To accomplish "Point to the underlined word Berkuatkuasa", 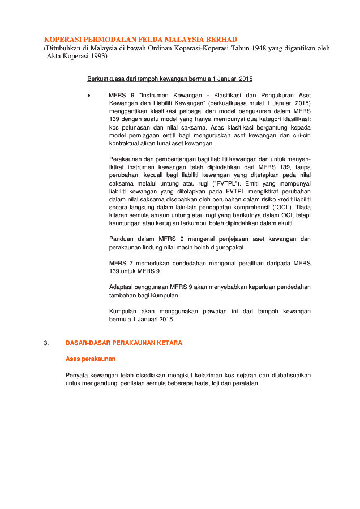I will point(106,79).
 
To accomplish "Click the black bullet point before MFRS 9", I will point(89,96).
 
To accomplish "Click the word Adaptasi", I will point(123,287).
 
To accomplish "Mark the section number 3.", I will point(46,343).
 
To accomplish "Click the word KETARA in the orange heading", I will point(169,343).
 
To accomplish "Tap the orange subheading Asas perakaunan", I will point(91,359).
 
